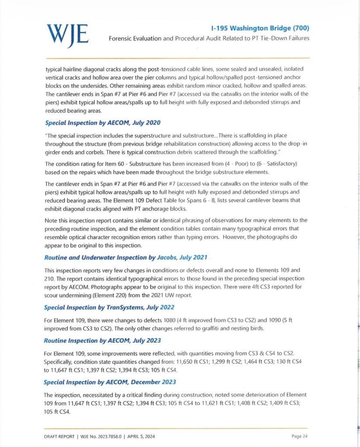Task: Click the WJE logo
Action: click(67, 33)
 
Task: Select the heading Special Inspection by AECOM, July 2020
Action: click(94, 123)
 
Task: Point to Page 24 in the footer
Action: click(299, 436)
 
